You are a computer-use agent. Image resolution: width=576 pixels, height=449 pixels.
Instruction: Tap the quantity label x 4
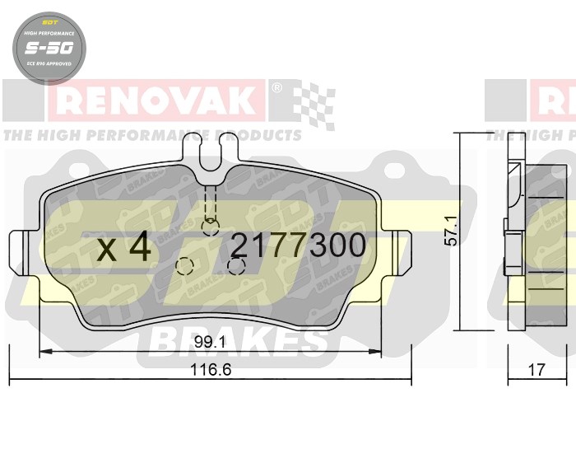(x=124, y=246)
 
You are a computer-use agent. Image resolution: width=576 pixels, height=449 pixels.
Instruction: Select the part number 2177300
(x=297, y=246)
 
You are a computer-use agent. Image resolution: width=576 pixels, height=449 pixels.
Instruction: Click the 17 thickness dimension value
(x=536, y=371)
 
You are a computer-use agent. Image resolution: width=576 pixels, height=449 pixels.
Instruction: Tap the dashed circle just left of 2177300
(x=185, y=266)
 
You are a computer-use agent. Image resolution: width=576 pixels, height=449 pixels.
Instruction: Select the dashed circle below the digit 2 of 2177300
(x=238, y=266)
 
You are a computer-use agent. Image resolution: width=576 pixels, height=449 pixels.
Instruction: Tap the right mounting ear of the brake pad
(x=401, y=246)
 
